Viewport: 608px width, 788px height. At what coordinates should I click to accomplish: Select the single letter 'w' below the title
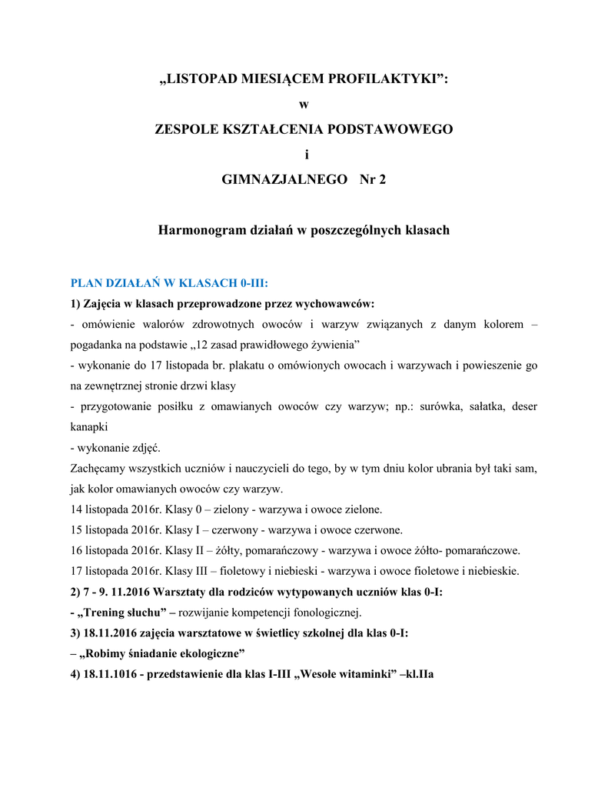(303, 105)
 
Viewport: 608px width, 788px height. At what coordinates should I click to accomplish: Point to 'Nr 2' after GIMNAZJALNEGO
(372, 179)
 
